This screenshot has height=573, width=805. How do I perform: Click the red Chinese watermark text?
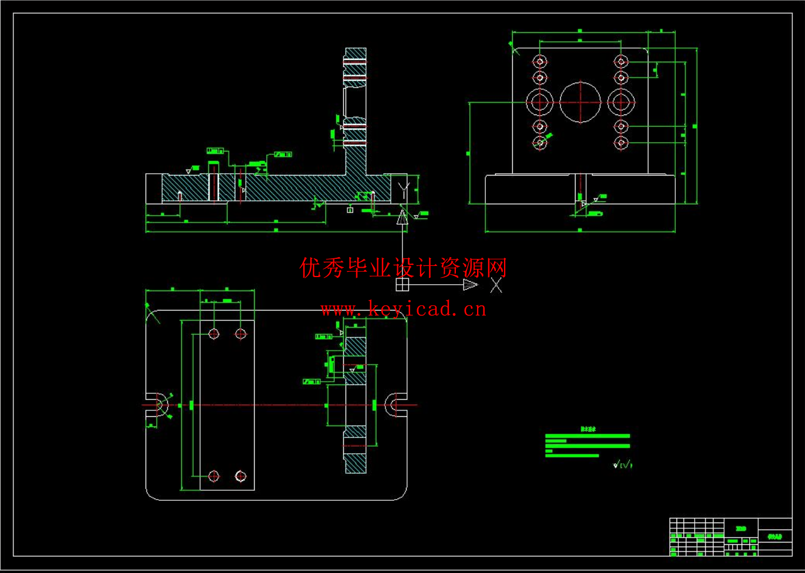coord(403,268)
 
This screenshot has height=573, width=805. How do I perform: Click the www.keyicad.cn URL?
coord(403,309)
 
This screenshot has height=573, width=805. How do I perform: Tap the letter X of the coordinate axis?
coord(496,285)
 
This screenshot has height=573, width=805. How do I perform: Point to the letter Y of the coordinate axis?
coord(403,190)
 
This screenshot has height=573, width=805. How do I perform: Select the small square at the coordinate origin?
coord(402,285)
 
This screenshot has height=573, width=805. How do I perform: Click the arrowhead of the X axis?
coord(471,285)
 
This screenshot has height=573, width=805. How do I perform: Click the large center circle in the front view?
coord(580,102)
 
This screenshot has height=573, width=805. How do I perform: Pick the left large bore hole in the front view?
coord(539,102)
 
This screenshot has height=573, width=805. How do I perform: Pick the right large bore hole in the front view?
coord(621,102)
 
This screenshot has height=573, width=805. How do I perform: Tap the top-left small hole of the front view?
coord(540,61)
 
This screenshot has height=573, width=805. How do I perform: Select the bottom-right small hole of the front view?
coord(621,143)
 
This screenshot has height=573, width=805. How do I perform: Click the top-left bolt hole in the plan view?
coord(214,334)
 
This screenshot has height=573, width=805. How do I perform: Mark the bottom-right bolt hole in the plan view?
coord(241,476)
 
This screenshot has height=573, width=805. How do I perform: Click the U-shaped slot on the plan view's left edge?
coord(156,405)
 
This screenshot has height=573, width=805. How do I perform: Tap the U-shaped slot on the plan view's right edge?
coord(397,405)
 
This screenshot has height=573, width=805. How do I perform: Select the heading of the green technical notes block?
coord(587,429)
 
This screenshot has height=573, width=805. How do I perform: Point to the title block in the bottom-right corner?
coord(730,537)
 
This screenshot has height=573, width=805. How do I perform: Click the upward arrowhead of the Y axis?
coord(402,217)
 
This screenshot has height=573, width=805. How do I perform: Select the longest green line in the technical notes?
coord(587,436)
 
